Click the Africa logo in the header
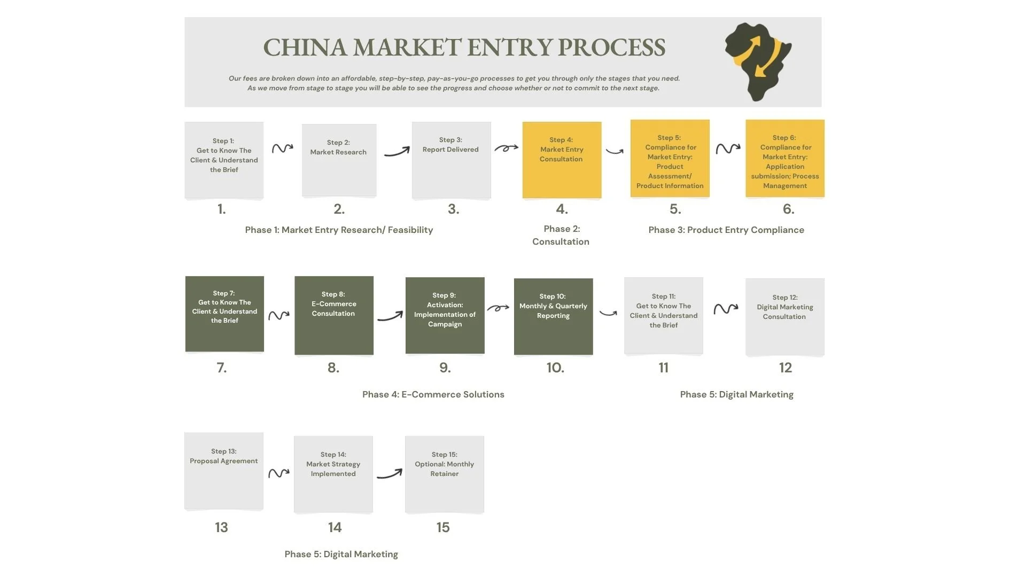[x=758, y=61]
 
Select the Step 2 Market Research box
[x=339, y=160]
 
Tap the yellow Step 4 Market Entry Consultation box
[x=562, y=160]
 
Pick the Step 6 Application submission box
[x=784, y=159]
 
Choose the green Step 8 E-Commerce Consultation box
[x=333, y=315]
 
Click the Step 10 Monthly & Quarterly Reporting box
[x=553, y=316]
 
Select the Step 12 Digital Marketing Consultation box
[x=784, y=317]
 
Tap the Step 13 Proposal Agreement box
[x=223, y=471]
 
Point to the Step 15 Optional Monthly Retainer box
[x=444, y=474]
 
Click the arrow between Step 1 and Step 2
[x=282, y=148]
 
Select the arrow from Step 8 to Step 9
[x=390, y=316]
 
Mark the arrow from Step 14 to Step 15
[x=390, y=474]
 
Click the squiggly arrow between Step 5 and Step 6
[x=728, y=148]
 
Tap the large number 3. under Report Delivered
[x=453, y=209]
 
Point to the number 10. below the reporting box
[x=555, y=368]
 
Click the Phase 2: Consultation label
[x=561, y=235]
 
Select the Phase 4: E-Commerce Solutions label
[x=433, y=394]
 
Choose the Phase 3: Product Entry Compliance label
[x=726, y=230]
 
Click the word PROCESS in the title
[x=611, y=48]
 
